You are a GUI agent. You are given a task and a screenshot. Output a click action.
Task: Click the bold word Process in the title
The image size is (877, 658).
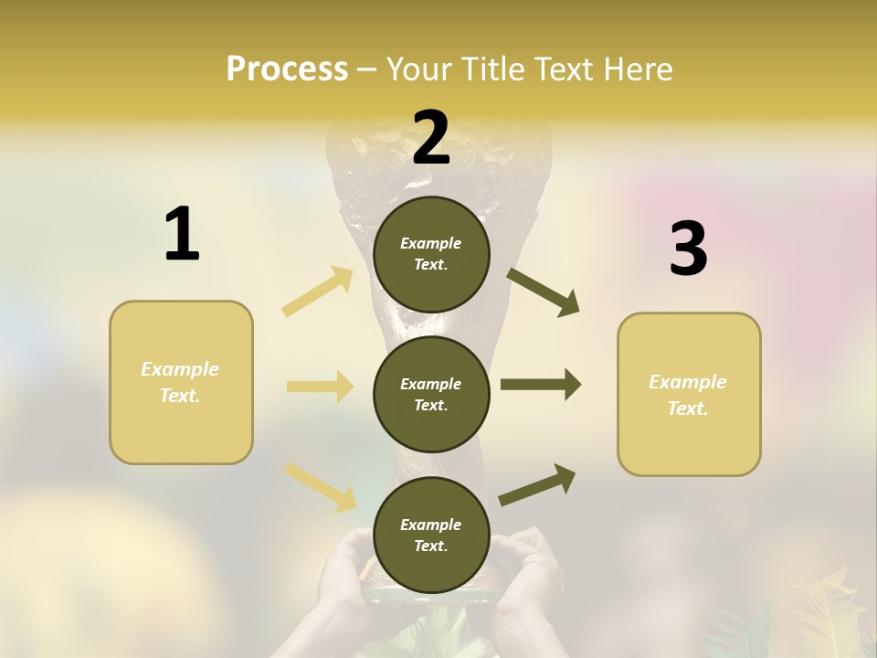click(x=287, y=69)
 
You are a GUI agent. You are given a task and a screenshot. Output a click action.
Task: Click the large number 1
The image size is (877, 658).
click(x=182, y=235)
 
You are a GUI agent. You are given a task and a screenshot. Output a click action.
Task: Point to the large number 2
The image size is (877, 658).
click(x=431, y=138)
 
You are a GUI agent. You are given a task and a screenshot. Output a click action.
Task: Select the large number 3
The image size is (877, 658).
click(x=688, y=249)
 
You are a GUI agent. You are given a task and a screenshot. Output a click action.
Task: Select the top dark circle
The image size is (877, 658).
click(x=431, y=254)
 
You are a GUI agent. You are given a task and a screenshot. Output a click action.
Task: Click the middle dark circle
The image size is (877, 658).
click(x=431, y=394)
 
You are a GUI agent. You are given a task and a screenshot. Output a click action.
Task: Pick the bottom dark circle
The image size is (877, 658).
click(x=431, y=535)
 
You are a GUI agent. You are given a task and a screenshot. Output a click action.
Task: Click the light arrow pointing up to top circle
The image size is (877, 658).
click(x=318, y=292)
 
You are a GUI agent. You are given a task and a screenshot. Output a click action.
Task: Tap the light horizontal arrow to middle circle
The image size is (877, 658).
click(x=320, y=387)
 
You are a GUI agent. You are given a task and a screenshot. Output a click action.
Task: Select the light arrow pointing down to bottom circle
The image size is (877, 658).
click(x=320, y=487)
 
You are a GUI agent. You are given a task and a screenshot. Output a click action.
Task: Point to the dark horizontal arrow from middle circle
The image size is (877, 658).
click(x=541, y=384)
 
